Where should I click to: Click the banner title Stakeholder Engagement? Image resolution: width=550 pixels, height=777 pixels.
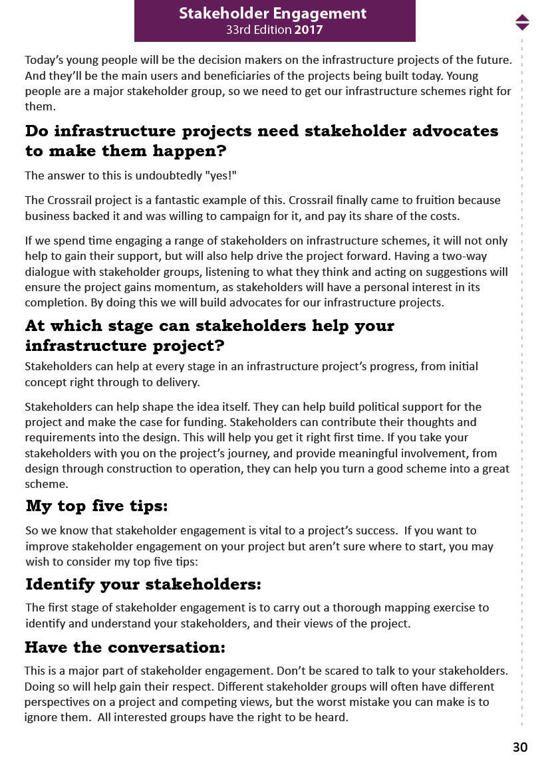pyautogui.click(x=273, y=13)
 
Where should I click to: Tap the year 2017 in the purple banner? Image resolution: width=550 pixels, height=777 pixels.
pyautogui.click(x=309, y=30)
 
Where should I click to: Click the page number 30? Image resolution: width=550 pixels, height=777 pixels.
pyautogui.click(x=520, y=747)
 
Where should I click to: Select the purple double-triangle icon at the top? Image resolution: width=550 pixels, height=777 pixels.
pyautogui.click(x=522, y=22)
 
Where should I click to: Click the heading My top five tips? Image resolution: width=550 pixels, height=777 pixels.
pyautogui.click(x=96, y=506)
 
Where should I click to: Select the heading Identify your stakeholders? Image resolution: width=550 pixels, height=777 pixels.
pyautogui.click(x=143, y=585)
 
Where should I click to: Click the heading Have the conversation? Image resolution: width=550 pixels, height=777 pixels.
pyautogui.click(x=125, y=647)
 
